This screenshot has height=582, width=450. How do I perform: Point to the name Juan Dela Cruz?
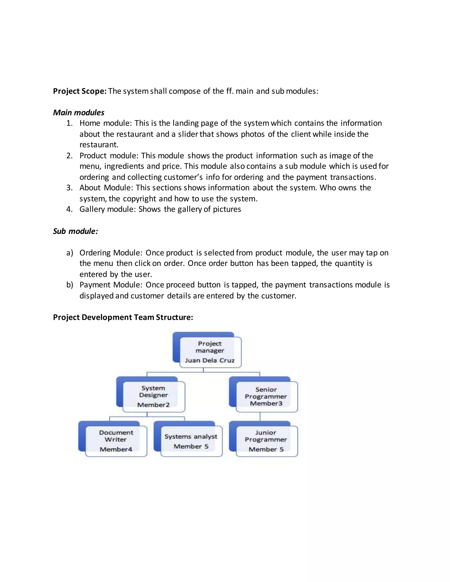pyautogui.click(x=210, y=361)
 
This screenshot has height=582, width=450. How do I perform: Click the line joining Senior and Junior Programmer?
pyautogui.click(x=260, y=416)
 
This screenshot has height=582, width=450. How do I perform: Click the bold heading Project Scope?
pyautogui.click(x=80, y=91)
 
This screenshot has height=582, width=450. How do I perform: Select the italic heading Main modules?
pyautogui.click(x=79, y=112)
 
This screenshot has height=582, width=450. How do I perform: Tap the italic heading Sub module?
pyautogui.click(x=75, y=231)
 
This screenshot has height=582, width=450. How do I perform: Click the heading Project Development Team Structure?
pyautogui.click(x=123, y=317)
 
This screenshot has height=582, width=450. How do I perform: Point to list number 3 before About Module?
pyautogui.click(x=69, y=188)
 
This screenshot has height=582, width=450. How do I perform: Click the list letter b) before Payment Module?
pyautogui.click(x=70, y=285)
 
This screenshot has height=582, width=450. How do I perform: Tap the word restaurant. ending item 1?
pyautogui.click(x=99, y=145)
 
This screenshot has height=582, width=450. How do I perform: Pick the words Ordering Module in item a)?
pyautogui.click(x=111, y=253)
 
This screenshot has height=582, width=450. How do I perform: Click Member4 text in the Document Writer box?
pyautogui.click(x=116, y=449)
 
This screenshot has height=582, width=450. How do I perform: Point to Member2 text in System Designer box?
pyautogui.click(x=154, y=405)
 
